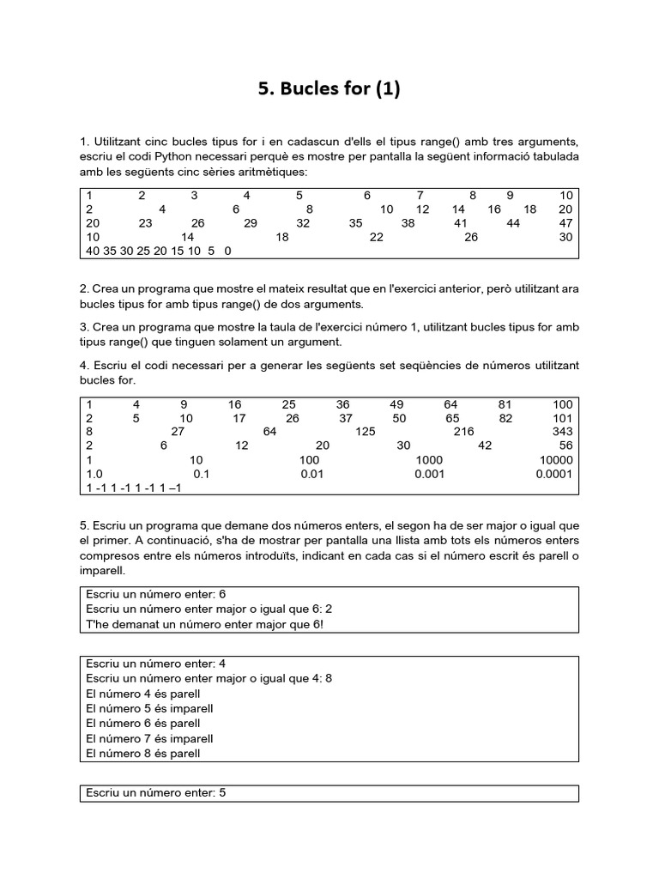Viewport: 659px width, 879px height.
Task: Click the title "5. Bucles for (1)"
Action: [329, 89]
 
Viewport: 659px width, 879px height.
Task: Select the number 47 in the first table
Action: [565, 223]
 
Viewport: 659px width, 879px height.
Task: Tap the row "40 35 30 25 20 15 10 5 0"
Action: [159, 252]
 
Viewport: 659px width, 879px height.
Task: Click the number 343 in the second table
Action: [562, 432]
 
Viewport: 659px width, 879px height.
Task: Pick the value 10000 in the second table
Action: [556, 460]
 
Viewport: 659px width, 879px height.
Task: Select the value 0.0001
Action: [553, 474]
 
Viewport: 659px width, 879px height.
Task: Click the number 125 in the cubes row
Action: [366, 432]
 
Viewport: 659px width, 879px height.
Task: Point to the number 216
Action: [463, 432]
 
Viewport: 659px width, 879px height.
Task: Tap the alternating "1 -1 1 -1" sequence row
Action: [134, 488]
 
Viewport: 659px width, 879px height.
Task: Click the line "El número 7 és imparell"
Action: [150, 738]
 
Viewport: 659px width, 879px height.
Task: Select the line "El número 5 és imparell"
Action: [150, 708]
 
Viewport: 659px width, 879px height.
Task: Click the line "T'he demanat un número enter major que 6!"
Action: [205, 624]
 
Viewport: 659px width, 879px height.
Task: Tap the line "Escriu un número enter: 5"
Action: [155, 793]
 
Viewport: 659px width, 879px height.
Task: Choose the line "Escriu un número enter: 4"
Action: [155, 664]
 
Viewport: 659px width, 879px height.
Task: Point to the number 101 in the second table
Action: [562, 418]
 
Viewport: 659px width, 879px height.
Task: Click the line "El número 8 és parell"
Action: [143, 754]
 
